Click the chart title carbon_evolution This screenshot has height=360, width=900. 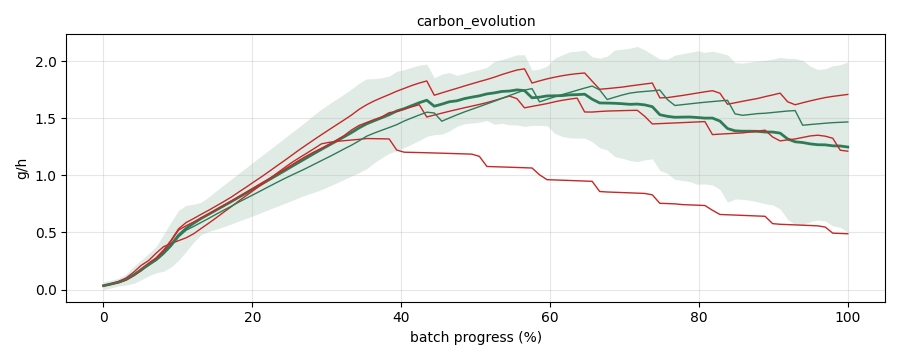476,21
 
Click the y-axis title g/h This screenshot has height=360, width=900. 22,168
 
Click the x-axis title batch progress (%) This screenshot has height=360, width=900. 476,337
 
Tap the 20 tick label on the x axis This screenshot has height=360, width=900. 253,316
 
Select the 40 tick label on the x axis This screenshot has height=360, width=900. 401,316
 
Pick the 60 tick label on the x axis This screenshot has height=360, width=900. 550,316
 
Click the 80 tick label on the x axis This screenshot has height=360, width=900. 699,316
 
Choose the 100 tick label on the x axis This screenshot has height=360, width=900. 848,316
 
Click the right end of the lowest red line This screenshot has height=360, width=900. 848,234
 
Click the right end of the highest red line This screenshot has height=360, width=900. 848,94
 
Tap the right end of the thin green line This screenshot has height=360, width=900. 848,122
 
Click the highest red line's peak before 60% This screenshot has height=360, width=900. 525,69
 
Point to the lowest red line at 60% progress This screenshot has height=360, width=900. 550,180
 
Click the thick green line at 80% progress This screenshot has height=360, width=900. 699,118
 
